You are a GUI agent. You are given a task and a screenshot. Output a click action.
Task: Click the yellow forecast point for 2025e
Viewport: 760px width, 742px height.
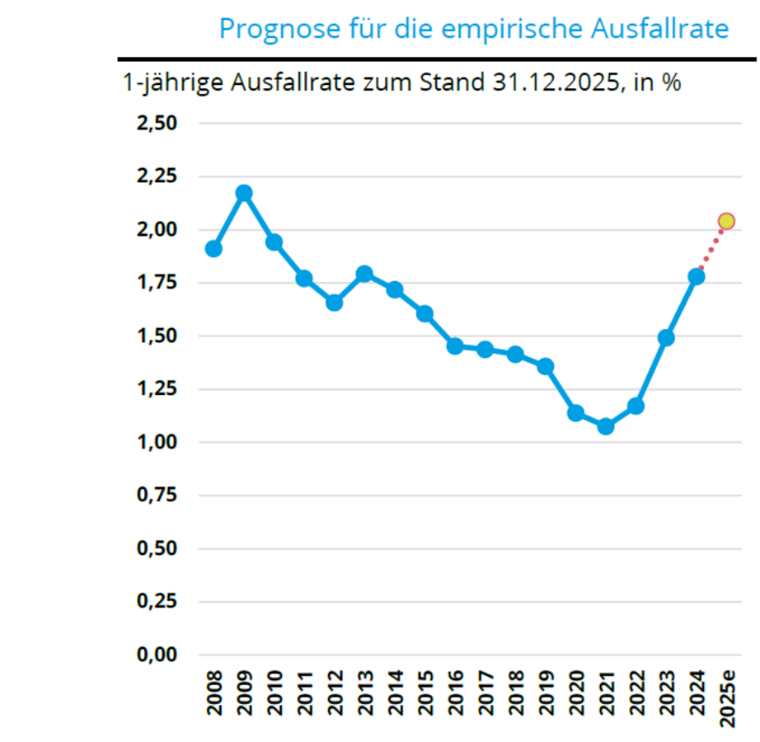[726, 221]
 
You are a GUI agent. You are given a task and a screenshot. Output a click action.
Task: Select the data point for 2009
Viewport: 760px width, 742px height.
[244, 193]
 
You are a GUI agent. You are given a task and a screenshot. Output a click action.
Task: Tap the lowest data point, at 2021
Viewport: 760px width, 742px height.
[606, 426]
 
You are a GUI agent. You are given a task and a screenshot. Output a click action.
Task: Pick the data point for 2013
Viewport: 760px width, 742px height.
[364, 274]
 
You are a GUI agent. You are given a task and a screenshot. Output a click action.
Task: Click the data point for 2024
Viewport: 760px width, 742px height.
[697, 276]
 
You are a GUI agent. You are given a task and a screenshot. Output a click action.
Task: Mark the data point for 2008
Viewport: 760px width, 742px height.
[213, 249]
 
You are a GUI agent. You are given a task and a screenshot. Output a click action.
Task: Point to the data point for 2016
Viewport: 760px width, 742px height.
[455, 346]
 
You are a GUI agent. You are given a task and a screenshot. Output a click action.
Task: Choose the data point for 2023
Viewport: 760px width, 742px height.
[666, 338]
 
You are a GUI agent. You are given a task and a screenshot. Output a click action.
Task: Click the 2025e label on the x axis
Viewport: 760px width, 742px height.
[727, 696]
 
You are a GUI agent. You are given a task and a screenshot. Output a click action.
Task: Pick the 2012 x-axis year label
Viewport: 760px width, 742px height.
[335, 692]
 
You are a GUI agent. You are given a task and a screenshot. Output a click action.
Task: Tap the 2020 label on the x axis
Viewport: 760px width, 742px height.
[576, 692]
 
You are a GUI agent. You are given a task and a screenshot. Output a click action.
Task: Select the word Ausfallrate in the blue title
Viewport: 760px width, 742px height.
[660, 29]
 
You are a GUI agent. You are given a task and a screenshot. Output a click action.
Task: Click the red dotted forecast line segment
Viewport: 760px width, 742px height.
[712, 247]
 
